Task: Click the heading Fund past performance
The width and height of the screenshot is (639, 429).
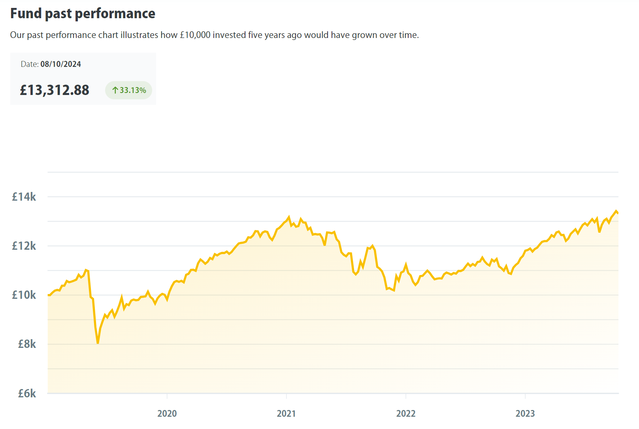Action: coord(83,13)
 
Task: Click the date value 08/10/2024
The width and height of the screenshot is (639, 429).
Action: coord(60,64)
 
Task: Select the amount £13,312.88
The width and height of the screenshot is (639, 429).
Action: coord(55,90)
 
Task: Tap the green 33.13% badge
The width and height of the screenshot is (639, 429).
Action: coord(128,90)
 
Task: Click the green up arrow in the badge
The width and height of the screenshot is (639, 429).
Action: coord(115,90)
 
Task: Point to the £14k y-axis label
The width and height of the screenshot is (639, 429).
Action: coord(24,197)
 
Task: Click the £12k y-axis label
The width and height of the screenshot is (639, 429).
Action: coord(24,246)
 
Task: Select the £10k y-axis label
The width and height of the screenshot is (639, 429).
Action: coord(24,295)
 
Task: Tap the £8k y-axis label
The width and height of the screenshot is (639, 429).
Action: coord(26,344)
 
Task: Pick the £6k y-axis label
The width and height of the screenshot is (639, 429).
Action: coord(26,393)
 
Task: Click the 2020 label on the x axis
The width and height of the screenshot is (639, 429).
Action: coord(167,414)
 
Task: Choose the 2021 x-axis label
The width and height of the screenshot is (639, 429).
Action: coord(287,414)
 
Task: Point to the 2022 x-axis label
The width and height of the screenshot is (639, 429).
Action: coord(406,414)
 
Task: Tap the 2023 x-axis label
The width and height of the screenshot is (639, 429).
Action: coord(525,414)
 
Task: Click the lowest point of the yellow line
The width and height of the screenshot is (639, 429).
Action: coord(98,343)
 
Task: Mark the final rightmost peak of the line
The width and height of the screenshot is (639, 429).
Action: coord(616,211)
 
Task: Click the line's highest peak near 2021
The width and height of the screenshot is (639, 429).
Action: coord(289,217)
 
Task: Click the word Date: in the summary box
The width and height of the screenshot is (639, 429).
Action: coord(30,64)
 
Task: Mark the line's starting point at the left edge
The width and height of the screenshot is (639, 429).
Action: coord(48,295)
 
